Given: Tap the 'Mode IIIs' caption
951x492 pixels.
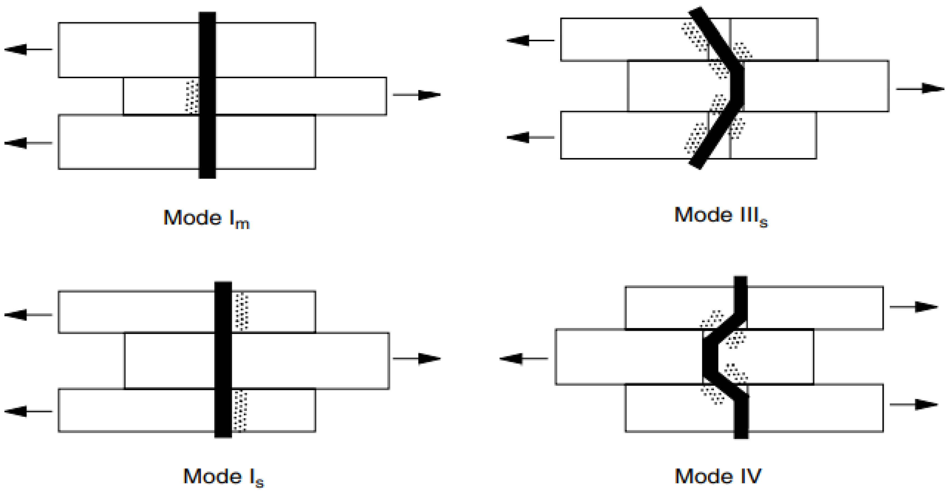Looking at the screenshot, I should pos(721,216).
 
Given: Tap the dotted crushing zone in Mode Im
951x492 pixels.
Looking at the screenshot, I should pos(192,96).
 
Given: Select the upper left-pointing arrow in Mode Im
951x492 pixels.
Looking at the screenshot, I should pos(28,49).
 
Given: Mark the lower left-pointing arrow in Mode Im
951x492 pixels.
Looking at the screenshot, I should pos(28,143).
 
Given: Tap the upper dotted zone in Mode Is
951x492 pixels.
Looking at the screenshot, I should pos(242,311).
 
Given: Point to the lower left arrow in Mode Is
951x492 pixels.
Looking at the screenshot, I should pos(28,411).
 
